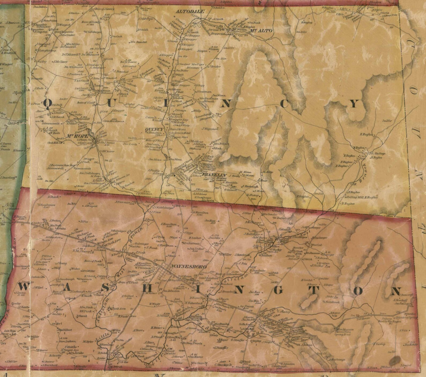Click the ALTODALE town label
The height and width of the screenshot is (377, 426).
click(x=190, y=12)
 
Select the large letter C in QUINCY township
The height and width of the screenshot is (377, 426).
click(x=284, y=104)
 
